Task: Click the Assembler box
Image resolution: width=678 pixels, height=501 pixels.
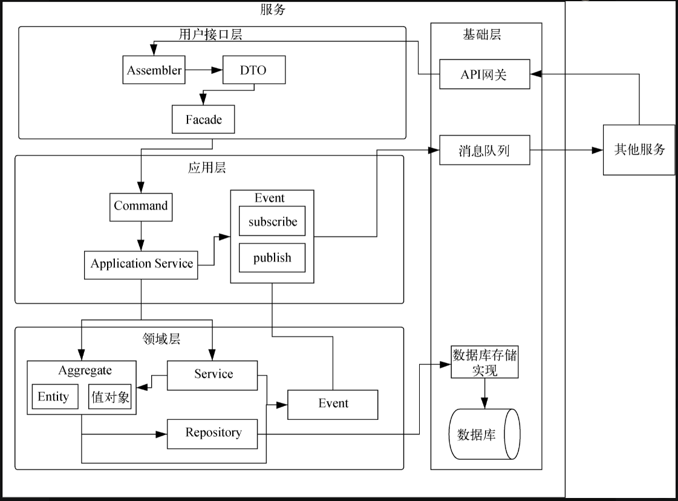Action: point(154,70)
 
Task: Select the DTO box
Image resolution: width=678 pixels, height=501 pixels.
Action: point(253,70)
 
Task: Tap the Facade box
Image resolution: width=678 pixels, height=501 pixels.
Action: point(203,120)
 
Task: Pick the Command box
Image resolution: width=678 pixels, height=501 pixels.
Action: point(141,206)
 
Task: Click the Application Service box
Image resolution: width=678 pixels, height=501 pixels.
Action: point(141,264)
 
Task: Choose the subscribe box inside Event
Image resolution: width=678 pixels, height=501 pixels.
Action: point(272,222)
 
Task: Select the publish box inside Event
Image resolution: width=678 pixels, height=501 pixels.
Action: point(272,258)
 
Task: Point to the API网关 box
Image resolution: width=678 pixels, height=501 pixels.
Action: point(484,74)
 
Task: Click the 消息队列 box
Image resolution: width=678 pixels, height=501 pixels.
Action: point(484,150)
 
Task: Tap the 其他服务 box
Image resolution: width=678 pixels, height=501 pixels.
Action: point(639,149)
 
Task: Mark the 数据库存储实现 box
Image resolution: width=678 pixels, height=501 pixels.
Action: point(484,362)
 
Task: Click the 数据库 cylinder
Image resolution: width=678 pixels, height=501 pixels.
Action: point(484,435)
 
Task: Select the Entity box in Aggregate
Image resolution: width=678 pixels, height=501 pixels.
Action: point(54,397)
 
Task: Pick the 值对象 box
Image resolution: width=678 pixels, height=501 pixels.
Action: point(110,397)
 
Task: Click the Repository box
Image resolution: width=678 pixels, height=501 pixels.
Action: point(213,433)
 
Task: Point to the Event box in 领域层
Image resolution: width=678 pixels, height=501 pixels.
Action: point(333,404)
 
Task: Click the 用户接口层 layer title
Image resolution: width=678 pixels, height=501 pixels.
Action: point(210,34)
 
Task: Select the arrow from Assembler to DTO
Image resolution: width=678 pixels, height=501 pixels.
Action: point(203,70)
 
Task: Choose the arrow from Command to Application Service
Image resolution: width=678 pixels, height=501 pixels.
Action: point(141,236)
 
